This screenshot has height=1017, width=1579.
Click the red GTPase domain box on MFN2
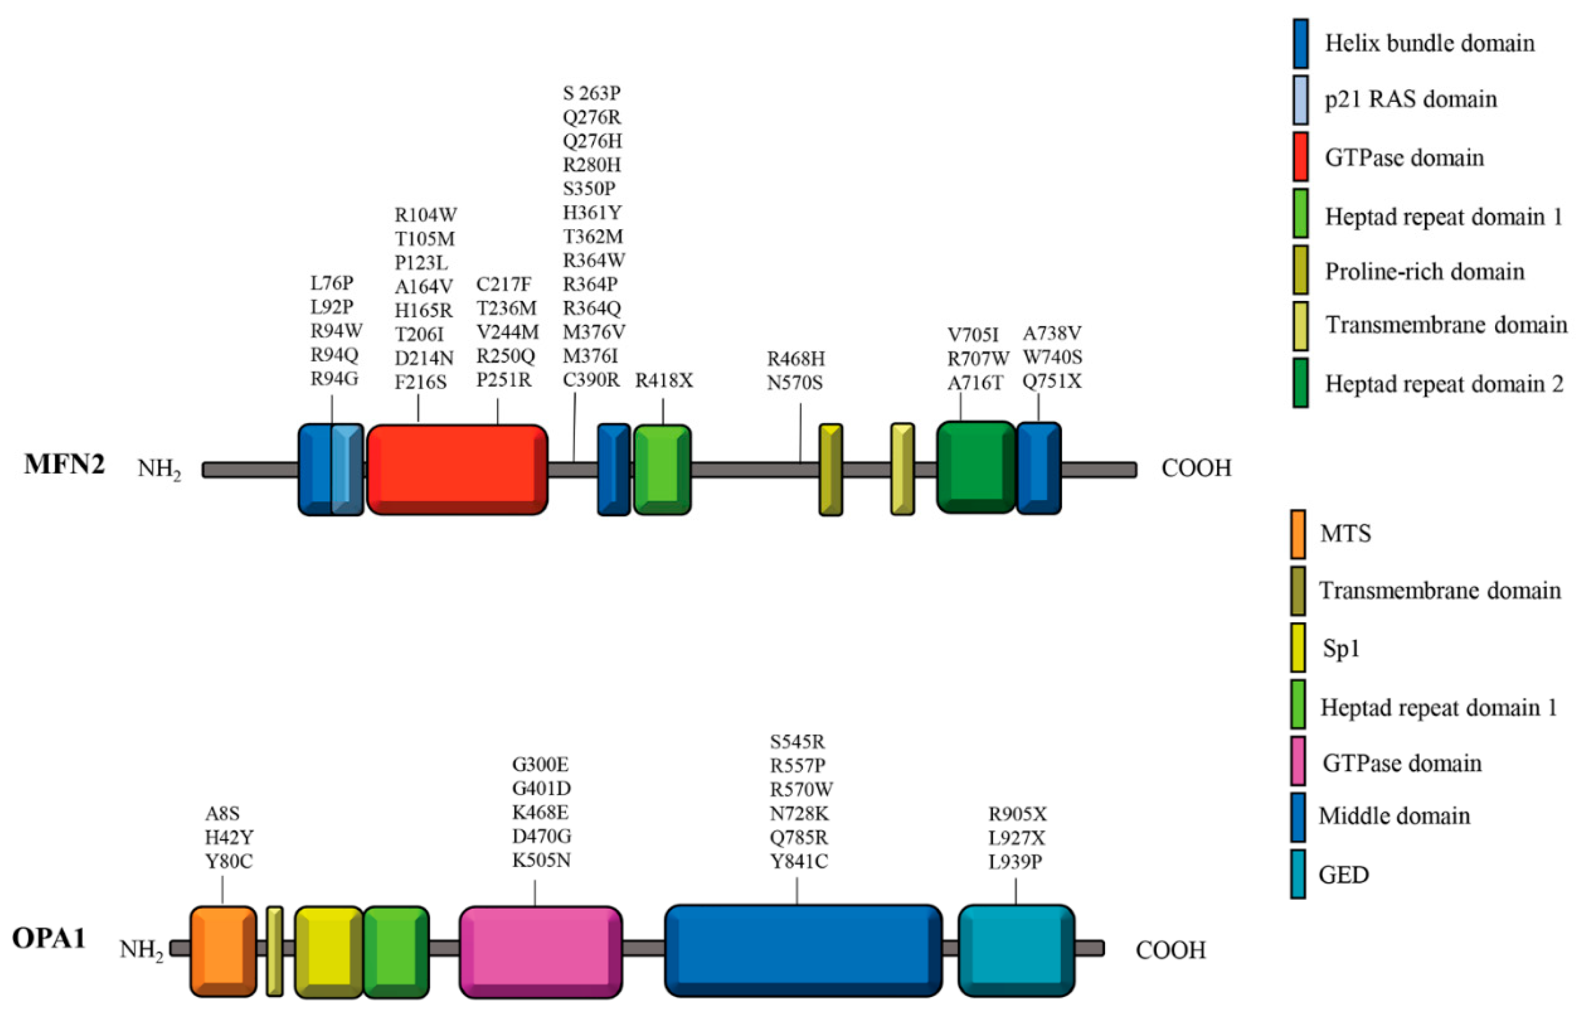click(457, 469)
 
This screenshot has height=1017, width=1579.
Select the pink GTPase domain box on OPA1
click(540, 950)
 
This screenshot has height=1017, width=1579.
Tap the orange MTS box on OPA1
click(223, 950)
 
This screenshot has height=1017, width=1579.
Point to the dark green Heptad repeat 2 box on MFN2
click(975, 467)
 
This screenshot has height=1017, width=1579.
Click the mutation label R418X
click(664, 381)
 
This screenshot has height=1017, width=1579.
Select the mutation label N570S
click(794, 382)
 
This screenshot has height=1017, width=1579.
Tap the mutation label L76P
click(332, 283)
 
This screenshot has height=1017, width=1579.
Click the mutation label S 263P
click(591, 93)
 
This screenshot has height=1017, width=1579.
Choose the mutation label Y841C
click(799, 861)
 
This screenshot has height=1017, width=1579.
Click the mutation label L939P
click(1015, 861)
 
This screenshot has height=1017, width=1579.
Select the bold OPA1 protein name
click(49, 938)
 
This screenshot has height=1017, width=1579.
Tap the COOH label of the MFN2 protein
click(1196, 468)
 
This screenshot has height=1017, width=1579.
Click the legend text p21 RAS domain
click(1410, 99)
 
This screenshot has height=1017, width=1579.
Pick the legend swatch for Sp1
click(1298, 647)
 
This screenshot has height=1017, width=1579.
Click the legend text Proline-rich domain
click(1424, 271)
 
